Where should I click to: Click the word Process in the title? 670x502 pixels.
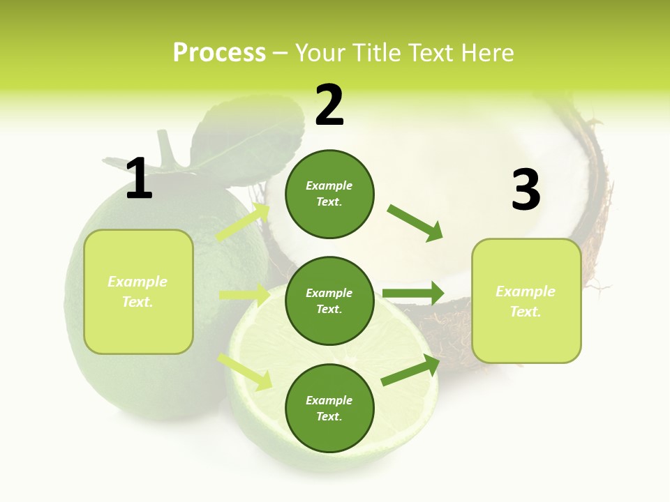pyautogui.click(x=219, y=53)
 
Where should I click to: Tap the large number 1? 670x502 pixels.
pyautogui.click(x=139, y=179)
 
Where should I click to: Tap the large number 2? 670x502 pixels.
pyautogui.click(x=329, y=105)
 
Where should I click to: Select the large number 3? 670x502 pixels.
pyautogui.click(x=526, y=190)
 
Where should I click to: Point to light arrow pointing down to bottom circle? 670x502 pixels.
pyautogui.click(x=245, y=371)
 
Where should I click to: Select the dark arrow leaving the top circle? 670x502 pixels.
pyautogui.click(x=415, y=222)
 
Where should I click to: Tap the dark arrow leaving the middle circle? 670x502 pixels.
pyautogui.click(x=413, y=294)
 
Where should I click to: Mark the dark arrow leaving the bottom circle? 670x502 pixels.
pyautogui.click(x=410, y=370)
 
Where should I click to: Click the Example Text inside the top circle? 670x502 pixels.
pyautogui.click(x=329, y=194)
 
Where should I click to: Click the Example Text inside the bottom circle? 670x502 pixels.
pyautogui.click(x=329, y=409)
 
